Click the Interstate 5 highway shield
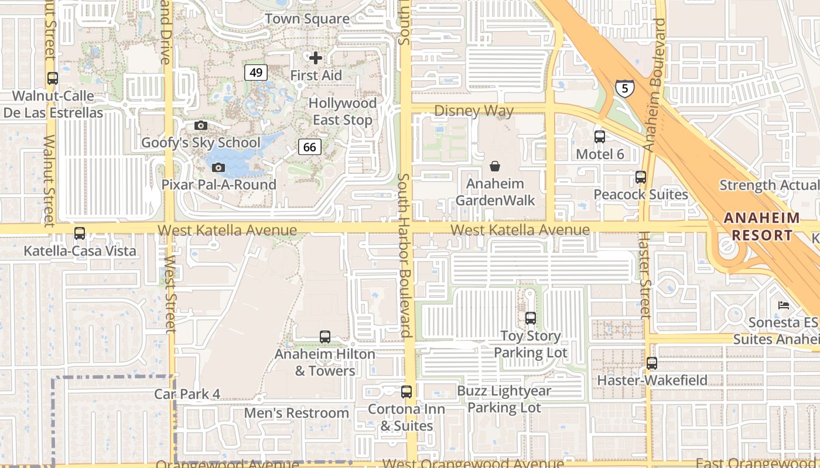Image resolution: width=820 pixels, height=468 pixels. click(x=624, y=88)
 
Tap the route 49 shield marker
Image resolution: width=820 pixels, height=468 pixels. click(x=256, y=73)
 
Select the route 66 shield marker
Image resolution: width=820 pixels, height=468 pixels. click(x=310, y=147)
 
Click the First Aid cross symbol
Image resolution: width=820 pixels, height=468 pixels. click(x=316, y=57)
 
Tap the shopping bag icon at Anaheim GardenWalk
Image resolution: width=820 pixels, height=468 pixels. click(x=495, y=167)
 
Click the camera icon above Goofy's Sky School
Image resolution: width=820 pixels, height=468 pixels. click(x=201, y=125)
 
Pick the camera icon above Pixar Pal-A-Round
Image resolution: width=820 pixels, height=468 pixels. click(x=218, y=168)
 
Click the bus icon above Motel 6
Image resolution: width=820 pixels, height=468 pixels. click(x=600, y=137)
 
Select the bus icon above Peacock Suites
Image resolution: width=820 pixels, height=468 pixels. click(x=641, y=177)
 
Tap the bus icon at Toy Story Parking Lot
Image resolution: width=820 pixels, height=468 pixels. click(x=531, y=318)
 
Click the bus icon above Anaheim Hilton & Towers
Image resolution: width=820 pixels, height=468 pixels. click(x=325, y=337)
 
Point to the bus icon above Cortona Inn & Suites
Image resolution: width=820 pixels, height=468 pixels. click(x=406, y=392)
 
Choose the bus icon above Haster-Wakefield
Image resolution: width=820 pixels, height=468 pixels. click(x=652, y=363)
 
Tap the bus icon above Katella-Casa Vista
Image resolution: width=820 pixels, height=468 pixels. click(x=80, y=233)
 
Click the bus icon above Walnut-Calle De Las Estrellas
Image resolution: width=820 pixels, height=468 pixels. click(x=53, y=78)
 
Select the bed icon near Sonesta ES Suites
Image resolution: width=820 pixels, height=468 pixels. click(x=784, y=305)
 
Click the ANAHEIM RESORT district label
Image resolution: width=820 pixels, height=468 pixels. click(x=761, y=226)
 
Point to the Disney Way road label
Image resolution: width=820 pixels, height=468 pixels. click(x=474, y=111)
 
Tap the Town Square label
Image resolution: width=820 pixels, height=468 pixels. click(x=307, y=19)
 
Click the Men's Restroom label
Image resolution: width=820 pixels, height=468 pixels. click(x=296, y=413)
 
